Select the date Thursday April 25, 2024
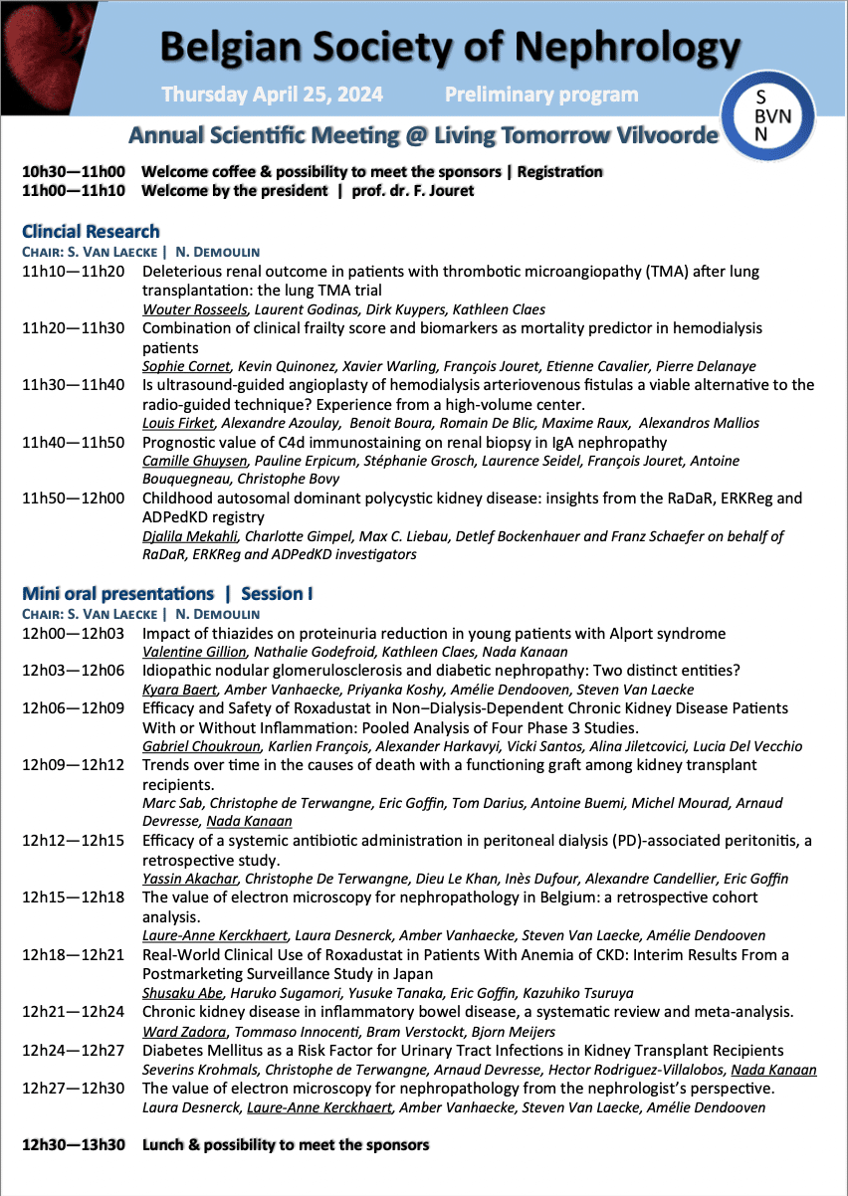[x=272, y=96]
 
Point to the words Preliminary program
[x=541, y=96]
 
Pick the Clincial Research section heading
[x=91, y=232]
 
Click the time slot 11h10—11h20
[x=74, y=272]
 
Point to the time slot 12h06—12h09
[x=74, y=708]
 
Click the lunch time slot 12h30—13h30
[x=74, y=1144]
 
